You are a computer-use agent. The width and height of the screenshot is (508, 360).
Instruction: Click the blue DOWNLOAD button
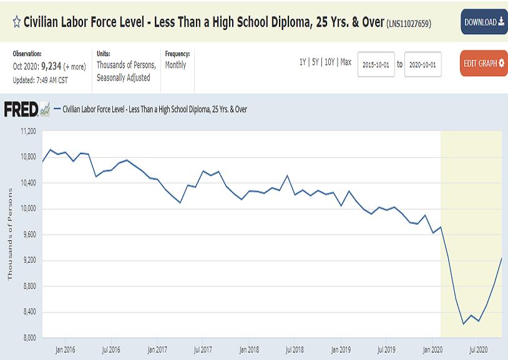pyautogui.click(x=484, y=22)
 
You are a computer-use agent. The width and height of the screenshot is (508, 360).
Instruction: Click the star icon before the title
pyautogui.click(x=17, y=22)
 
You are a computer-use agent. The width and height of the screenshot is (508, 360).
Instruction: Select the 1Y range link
pyautogui.click(x=303, y=62)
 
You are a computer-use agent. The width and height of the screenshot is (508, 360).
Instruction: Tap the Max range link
pyautogui.click(x=346, y=62)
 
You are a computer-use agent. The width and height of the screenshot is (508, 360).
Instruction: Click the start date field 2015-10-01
pyautogui.click(x=376, y=64)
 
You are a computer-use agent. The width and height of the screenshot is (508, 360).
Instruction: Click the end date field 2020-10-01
pyautogui.click(x=423, y=64)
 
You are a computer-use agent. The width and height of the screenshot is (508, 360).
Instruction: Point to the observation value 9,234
pyautogui.click(x=51, y=66)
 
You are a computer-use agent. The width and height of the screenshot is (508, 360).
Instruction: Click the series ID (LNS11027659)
pyautogui.click(x=409, y=24)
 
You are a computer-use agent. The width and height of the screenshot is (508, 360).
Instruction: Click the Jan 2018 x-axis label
pyautogui.click(x=249, y=349)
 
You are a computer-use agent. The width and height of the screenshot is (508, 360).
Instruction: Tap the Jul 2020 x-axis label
pyautogui.click(x=478, y=349)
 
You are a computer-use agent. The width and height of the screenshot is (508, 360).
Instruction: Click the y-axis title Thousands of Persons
pyautogui.click(x=9, y=234)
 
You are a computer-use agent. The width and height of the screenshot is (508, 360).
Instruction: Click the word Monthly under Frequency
pyautogui.click(x=175, y=65)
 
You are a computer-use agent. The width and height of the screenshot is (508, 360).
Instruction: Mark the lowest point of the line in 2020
pyautogui.click(x=464, y=324)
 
